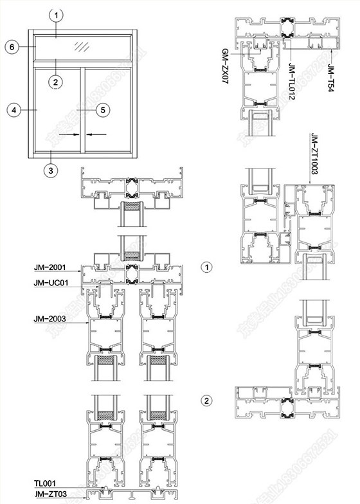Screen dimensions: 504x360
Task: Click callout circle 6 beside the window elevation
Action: coord(12,46)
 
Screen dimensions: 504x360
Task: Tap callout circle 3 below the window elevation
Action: coord(51,170)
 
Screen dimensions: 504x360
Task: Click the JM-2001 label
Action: coord(49,267)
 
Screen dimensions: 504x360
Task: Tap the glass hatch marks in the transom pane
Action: coord(80,46)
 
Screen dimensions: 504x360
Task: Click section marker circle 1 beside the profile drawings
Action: coord(206,266)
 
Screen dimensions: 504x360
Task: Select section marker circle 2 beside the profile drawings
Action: coord(206,401)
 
